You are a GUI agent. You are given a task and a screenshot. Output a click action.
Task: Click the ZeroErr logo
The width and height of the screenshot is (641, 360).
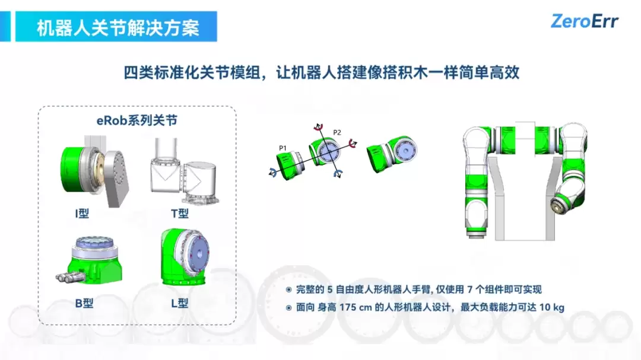[585, 21]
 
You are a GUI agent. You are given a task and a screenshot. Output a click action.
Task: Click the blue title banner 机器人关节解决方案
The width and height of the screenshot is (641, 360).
[116, 27]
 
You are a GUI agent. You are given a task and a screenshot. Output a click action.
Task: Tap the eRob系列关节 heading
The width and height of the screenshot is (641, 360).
[137, 120]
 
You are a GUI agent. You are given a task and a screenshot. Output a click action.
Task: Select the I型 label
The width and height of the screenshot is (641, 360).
[82, 214]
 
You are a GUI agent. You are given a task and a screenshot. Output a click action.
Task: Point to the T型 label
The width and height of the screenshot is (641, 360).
[180, 214]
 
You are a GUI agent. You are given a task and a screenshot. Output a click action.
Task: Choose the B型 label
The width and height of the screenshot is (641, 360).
[84, 303]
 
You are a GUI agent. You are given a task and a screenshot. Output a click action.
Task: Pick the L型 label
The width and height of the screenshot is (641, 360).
[180, 303]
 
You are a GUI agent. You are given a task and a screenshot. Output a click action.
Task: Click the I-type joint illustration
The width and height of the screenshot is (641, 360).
[95, 171]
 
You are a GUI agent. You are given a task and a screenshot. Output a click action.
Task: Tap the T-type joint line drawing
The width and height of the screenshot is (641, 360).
[184, 171]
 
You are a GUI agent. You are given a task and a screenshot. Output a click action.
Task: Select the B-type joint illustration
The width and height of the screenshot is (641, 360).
[90, 260]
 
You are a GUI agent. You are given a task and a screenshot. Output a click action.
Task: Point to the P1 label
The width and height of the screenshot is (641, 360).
[283, 148]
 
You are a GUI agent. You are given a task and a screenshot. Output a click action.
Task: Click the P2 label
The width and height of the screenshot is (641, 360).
[337, 132]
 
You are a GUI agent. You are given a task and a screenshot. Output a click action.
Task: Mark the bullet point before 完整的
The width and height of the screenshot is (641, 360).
[288, 289]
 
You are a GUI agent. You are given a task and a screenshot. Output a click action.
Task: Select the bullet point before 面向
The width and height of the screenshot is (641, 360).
[288, 308]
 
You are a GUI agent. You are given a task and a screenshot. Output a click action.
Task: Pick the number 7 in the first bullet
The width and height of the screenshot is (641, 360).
[469, 289]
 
